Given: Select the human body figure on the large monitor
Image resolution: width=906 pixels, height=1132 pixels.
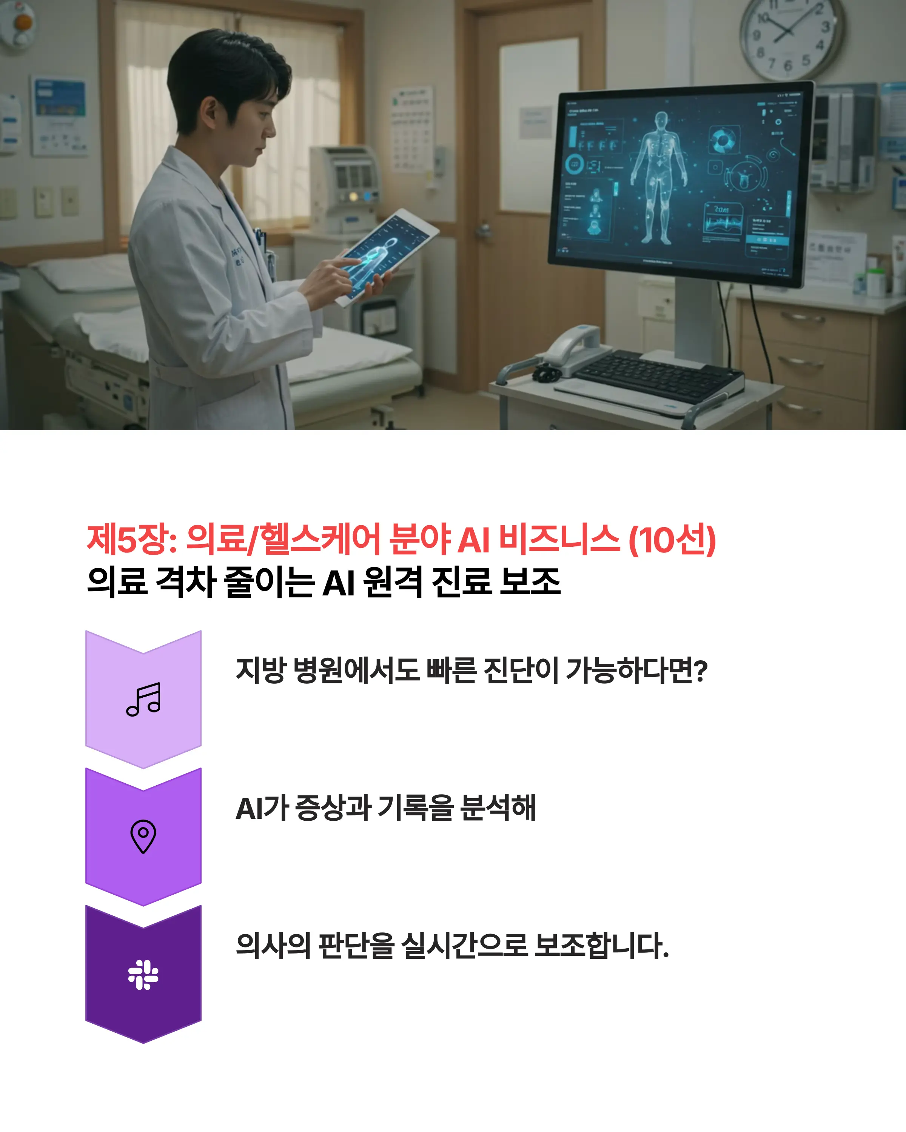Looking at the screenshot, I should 659,178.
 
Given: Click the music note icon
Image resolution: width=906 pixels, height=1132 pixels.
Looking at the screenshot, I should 143,699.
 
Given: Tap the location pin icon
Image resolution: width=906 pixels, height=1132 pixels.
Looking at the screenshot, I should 143,836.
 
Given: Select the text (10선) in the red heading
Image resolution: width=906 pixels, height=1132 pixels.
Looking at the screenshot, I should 672,540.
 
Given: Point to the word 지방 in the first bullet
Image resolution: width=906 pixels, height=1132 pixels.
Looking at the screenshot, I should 260,671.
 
